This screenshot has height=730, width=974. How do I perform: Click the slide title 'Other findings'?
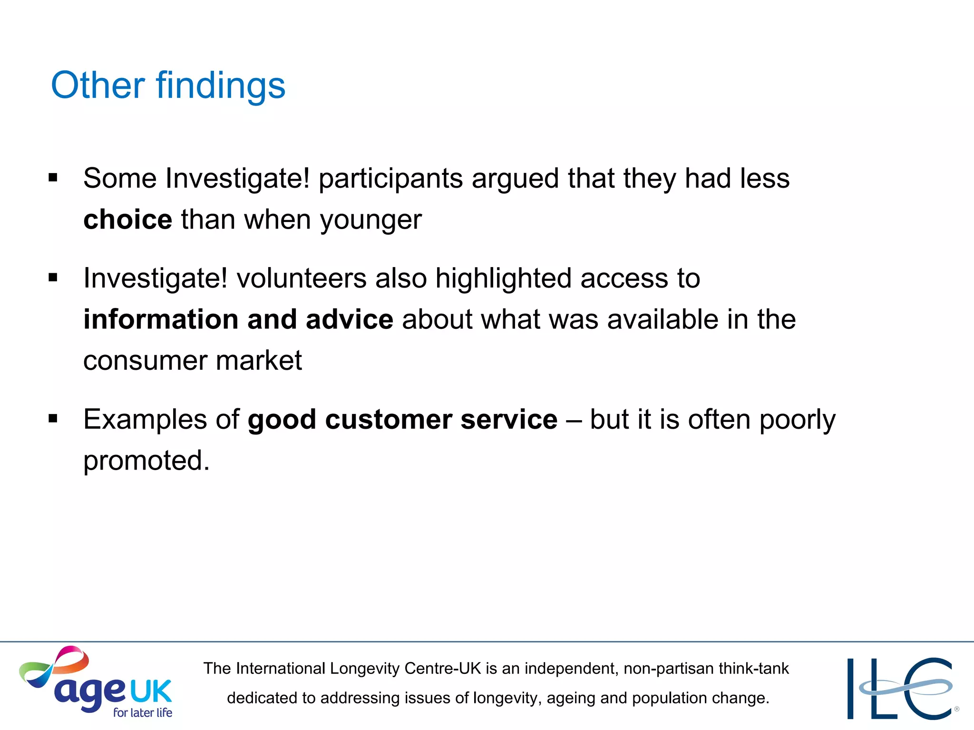[168, 86]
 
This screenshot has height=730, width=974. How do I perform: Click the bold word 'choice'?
[127, 220]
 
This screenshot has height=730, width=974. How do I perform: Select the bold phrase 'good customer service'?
[402, 419]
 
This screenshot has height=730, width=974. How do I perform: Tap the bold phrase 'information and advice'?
[238, 319]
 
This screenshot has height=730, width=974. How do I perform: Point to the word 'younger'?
[371, 221]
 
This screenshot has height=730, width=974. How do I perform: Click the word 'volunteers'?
[302, 278]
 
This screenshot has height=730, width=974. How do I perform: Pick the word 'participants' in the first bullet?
[390, 179]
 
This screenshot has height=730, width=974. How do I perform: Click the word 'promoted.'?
[146, 461]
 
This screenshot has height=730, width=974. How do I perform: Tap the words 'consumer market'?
[193, 360]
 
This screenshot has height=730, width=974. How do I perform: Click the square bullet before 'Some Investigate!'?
[53, 178]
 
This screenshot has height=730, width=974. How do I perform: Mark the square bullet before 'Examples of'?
[53, 419]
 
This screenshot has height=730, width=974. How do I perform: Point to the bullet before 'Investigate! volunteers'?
[53, 278]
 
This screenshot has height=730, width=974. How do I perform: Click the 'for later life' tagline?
[143, 712]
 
